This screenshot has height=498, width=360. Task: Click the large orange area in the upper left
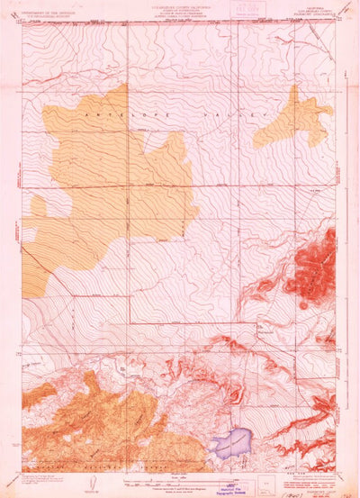(x=108, y=180)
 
